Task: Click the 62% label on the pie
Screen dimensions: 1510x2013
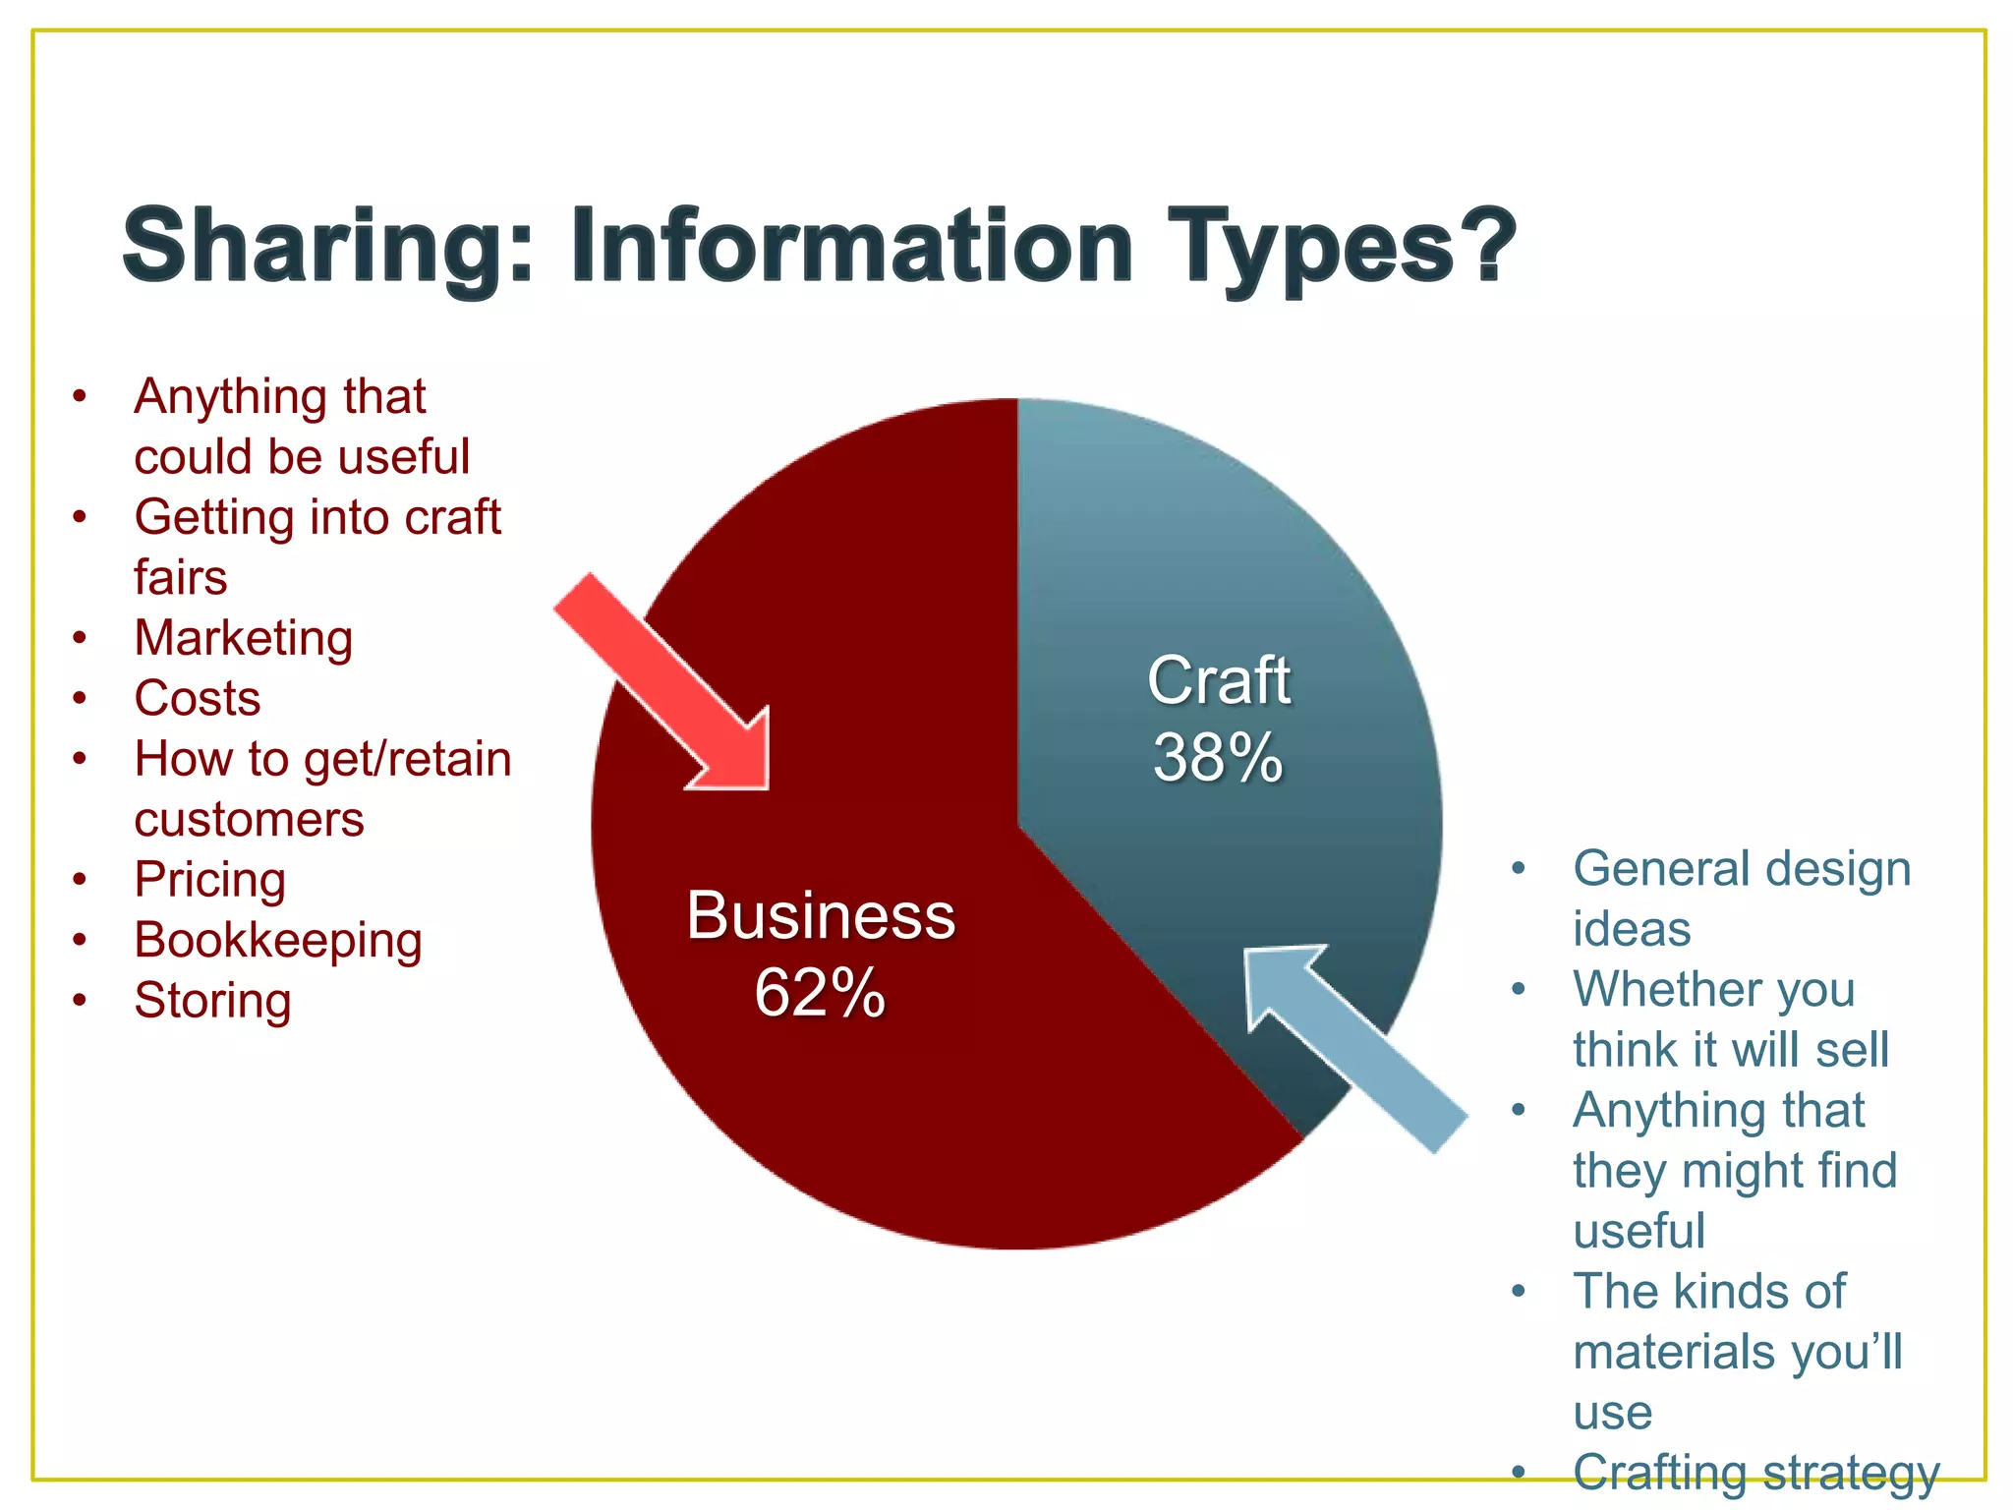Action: pos(820,993)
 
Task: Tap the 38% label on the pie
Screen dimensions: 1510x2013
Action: pos(1218,758)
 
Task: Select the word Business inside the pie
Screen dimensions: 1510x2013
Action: pos(820,916)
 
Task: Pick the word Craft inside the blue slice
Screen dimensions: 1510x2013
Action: pos(1218,680)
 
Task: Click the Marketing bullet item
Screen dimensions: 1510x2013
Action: pos(243,638)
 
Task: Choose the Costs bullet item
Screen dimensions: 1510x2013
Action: pos(198,699)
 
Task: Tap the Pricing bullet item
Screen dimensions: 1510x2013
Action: pos(210,880)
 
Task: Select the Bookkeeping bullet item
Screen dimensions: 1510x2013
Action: pos(278,941)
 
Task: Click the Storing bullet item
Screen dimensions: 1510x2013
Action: pos(213,1001)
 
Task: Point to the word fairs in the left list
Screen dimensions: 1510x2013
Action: pos(181,577)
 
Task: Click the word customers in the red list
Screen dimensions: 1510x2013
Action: pos(249,820)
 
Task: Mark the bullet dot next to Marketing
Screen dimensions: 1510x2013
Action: pos(81,639)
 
